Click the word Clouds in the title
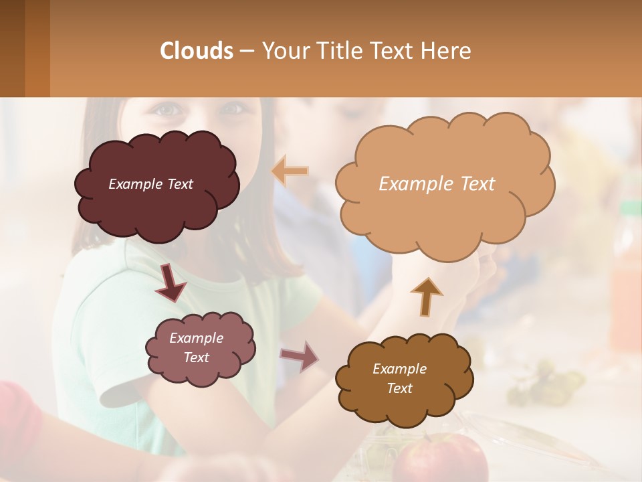pyautogui.click(x=197, y=51)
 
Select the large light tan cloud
pyautogui.click(x=444, y=214)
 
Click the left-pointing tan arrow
pyautogui.click(x=290, y=171)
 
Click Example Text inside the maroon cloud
pyautogui.click(x=150, y=184)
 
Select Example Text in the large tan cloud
pyautogui.click(x=437, y=184)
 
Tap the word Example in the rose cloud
pyautogui.click(x=196, y=338)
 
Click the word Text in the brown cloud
pyautogui.click(x=399, y=388)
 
